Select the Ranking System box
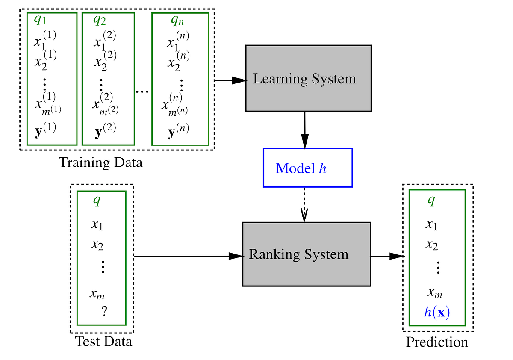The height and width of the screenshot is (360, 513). point(306,254)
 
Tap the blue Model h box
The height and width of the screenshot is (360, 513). point(307,168)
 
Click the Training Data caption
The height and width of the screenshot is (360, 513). point(100,163)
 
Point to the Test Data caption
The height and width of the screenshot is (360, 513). point(103,342)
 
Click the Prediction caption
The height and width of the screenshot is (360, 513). point(436,342)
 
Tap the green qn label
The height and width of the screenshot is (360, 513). point(177,20)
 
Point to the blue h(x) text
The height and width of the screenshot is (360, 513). point(437,312)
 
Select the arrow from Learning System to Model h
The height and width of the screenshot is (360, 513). point(304,130)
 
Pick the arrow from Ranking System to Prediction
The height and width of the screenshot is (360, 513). point(387,256)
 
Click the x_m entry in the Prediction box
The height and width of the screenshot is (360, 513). point(435,293)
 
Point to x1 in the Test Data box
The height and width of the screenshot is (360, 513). point(97,225)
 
